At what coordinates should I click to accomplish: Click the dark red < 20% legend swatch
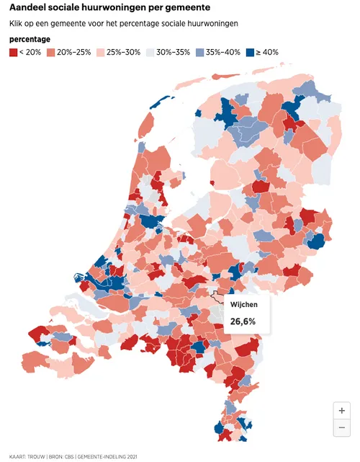(x=14, y=53)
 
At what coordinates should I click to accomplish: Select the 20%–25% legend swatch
(x=51, y=53)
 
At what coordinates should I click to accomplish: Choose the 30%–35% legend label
(x=174, y=53)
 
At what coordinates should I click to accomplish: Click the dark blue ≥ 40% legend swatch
(x=249, y=53)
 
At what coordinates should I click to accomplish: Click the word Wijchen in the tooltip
(x=243, y=305)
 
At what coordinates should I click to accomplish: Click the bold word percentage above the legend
(x=30, y=39)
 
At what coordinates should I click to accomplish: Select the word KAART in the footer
(x=17, y=456)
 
